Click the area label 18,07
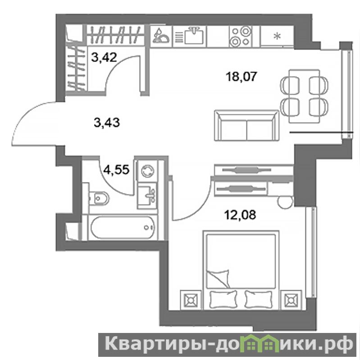(241, 77)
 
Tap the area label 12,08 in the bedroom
(240, 215)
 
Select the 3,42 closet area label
(104, 57)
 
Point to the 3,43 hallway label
(107, 123)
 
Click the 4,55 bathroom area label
(117, 170)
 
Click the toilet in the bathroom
(99, 198)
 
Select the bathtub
(123, 228)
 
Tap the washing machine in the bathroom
(147, 171)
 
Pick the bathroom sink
(147, 196)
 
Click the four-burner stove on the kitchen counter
(240, 36)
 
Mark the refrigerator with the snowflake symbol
(278, 36)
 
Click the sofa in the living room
(246, 125)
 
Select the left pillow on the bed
(223, 299)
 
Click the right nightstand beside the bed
(291, 300)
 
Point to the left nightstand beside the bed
(191, 300)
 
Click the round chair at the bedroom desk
(285, 201)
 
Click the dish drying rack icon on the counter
(161, 36)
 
